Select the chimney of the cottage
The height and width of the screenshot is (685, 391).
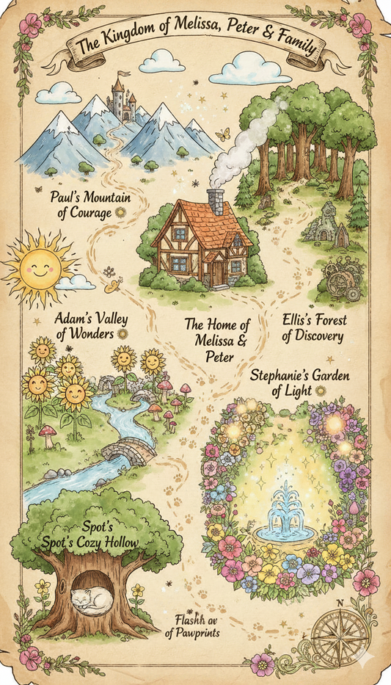point(215,201)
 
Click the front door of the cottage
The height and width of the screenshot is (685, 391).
point(218,272)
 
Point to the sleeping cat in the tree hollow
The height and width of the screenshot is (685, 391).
point(92,600)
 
